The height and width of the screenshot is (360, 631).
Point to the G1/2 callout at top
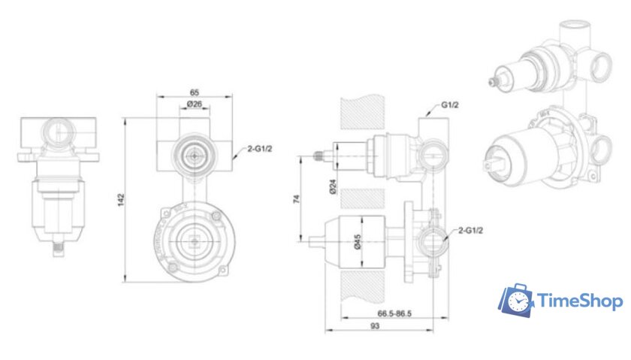pos(450,105)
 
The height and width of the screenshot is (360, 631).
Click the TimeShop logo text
pos(580,302)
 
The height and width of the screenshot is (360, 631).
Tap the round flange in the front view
pos(193,241)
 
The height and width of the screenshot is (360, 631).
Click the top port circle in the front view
pos(193,154)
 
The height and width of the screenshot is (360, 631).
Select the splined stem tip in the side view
pos(321,156)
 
